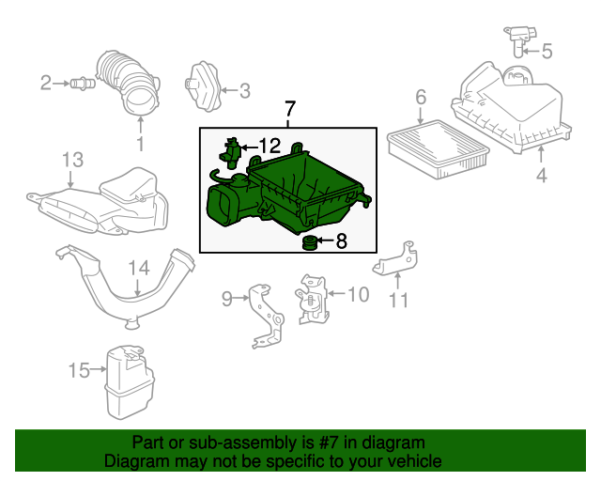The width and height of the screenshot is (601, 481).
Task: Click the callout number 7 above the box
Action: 289,109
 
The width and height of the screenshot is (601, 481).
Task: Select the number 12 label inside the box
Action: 269,146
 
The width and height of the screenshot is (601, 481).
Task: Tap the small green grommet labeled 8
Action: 308,244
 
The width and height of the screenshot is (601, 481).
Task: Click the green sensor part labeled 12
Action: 233,150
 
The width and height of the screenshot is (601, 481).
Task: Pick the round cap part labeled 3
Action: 202,87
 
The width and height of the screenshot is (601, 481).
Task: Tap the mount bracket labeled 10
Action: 310,299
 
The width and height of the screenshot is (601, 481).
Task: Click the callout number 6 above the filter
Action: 420,97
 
